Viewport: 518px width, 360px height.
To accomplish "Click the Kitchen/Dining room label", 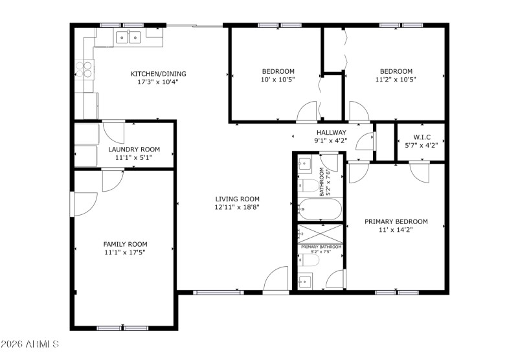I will [x=153, y=73].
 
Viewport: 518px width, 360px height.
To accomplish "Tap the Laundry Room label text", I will [x=133, y=149].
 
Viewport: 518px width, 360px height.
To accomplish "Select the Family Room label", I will [x=126, y=244].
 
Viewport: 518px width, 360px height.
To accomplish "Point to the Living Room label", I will [x=238, y=199].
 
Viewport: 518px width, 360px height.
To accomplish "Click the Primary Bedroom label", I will [x=396, y=221].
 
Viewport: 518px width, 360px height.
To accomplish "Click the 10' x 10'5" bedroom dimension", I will [x=278, y=80].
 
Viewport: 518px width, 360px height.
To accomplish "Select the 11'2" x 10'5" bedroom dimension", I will [x=396, y=80].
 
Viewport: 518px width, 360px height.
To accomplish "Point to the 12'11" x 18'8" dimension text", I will [x=238, y=207].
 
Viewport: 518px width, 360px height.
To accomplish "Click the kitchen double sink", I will [x=128, y=38].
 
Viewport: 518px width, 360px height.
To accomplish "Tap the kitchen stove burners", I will [x=85, y=68].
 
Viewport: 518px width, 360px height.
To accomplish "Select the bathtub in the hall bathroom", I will [x=320, y=208].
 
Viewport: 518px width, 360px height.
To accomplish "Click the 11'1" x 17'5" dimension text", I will [x=126, y=253].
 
